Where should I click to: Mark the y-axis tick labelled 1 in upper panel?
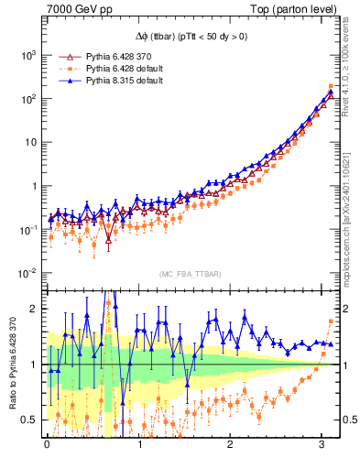(x=34, y=186)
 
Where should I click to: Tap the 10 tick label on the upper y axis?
(x=29, y=142)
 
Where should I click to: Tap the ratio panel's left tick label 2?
(x=34, y=309)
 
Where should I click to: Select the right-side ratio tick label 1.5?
(x=349, y=336)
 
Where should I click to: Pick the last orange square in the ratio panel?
(x=331, y=321)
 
